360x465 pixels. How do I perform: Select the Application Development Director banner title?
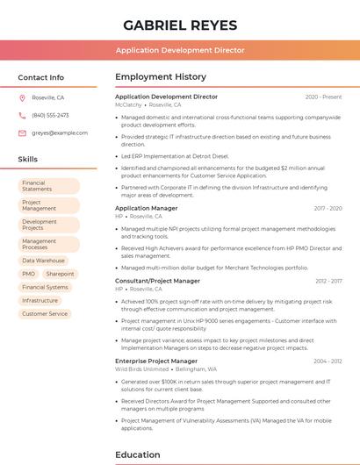180,51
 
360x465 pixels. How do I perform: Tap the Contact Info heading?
40,77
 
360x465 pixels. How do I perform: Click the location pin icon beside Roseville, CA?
22,97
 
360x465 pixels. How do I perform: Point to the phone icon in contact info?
22,115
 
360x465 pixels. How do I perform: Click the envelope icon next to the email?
22,132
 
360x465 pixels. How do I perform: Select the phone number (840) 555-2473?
50,115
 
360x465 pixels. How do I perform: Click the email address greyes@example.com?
60,132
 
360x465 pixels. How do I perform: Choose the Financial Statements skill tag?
48,186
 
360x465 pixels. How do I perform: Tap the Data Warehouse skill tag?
43,261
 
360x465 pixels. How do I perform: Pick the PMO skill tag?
29,274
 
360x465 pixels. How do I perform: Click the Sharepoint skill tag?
61,274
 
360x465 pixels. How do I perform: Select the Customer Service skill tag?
45,313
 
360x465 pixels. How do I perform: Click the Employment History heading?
161,77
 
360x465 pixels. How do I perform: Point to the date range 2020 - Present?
323,97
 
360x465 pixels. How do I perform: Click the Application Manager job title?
146,208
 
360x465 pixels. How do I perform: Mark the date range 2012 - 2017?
328,281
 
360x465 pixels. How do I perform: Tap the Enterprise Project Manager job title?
156,361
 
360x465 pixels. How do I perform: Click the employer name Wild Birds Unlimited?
141,369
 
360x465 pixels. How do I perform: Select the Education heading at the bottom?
137,454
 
